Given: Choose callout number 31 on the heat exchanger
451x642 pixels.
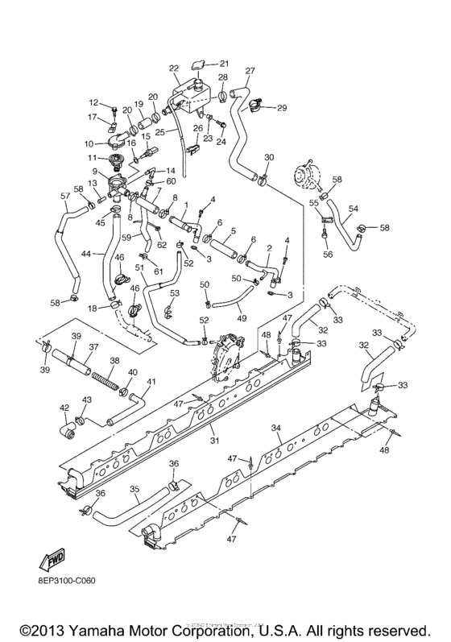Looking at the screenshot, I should point(213,440).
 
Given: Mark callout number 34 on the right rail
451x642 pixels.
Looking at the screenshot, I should point(276,428).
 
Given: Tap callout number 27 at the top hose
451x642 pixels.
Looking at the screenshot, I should point(250,70).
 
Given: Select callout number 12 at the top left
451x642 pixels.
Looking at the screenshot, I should point(93,102).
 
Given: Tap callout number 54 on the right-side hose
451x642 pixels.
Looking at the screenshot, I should point(352,209).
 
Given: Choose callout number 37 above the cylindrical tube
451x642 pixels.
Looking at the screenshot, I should point(93,347).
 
